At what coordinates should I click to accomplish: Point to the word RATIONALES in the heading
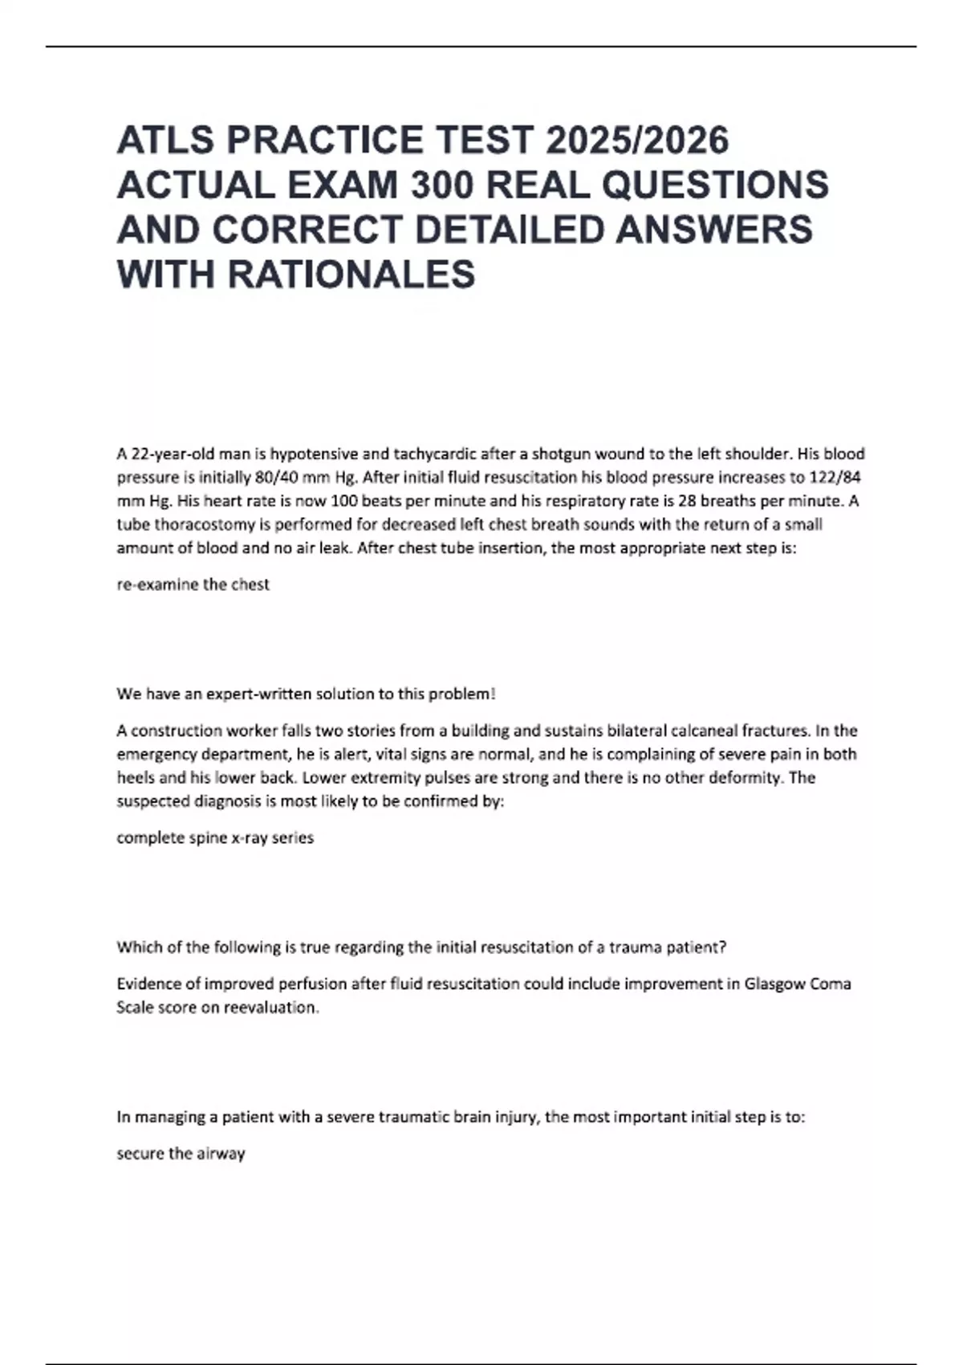tap(351, 275)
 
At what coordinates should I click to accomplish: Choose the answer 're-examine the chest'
tap(193, 585)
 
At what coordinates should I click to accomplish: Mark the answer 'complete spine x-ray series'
tap(215, 837)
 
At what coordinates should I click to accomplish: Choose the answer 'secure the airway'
tap(181, 1154)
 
